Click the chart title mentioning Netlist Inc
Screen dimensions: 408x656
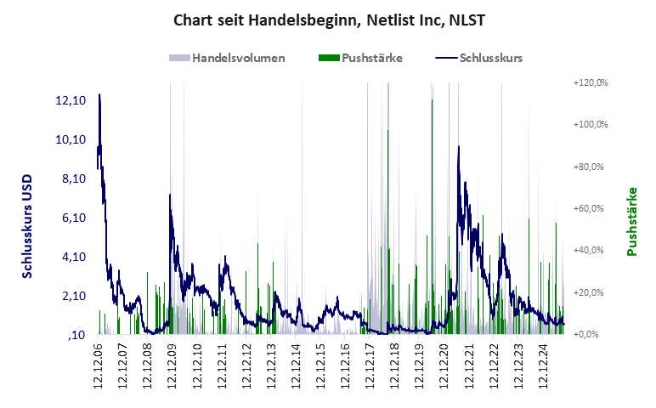click(x=328, y=19)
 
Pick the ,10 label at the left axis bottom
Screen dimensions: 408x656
click(x=76, y=335)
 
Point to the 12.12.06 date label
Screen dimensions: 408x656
click(x=98, y=366)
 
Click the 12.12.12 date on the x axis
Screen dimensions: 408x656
click(x=246, y=366)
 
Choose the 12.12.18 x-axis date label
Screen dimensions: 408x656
click(x=394, y=366)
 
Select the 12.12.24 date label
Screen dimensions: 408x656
click(x=543, y=366)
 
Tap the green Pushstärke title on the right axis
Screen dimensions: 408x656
click(x=632, y=221)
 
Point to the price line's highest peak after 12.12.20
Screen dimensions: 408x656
click(x=459, y=148)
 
